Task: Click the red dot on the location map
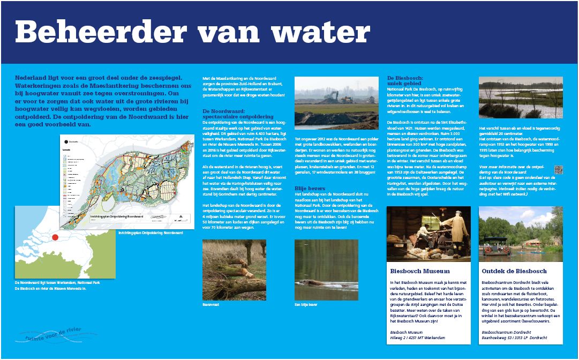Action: pos(55,237)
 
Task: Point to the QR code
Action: pos(559,170)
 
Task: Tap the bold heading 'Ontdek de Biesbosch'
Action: pos(514,271)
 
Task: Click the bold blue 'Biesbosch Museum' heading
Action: pos(420,271)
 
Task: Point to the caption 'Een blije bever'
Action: pos(306,304)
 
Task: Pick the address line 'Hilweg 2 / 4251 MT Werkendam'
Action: pos(418,338)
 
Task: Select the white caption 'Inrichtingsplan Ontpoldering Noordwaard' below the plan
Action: pos(151,233)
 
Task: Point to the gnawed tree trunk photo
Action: pos(234,269)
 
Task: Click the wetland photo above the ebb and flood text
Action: pos(521,97)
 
